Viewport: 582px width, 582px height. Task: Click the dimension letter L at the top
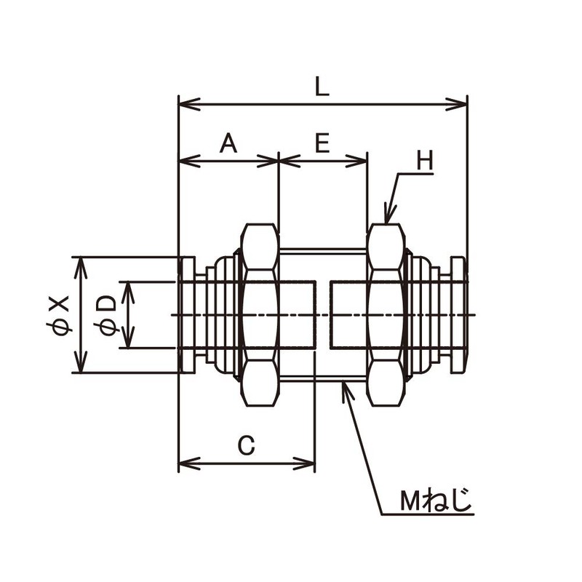pyautogui.click(x=322, y=87)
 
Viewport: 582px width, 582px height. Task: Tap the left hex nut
pyautogui.click(x=260, y=314)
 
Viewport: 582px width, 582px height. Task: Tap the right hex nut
pyautogui.click(x=386, y=314)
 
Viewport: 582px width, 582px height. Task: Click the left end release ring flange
pyautogui.click(x=187, y=315)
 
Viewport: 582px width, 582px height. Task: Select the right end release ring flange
pyautogui.click(x=458, y=315)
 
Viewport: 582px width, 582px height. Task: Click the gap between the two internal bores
pyautogui.click(x=322, y=314)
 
